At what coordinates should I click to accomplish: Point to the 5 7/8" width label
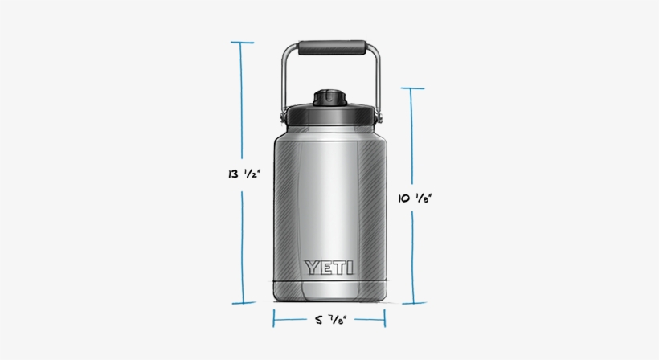coord(329,320)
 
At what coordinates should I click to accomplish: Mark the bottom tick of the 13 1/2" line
coord(244,304)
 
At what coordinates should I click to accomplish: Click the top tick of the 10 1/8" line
coord(412,88)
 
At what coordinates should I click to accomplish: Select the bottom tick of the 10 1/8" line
coord(413,303)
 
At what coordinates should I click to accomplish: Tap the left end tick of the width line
coord(274,319)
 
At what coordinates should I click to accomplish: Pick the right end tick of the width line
coord(384,319)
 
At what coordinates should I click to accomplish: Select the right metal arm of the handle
coord(377,80)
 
